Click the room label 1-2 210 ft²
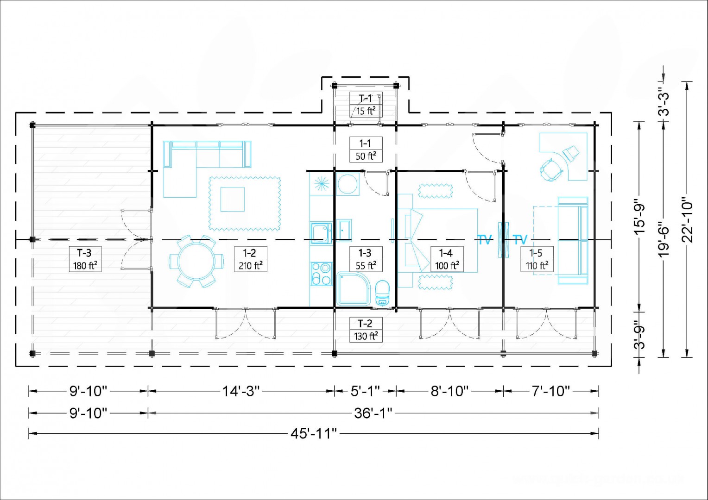pos(250,259)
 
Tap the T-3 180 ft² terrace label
pos(85,259)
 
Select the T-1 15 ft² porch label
pos(366,105)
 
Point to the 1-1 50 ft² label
pos(366,150)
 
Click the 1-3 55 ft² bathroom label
pos(366,259)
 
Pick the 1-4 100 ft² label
pos(447,259)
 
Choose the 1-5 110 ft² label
pos(537,259)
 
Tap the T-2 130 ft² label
pos(366,330)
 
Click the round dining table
pos(196,261)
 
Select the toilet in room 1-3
pos(382,293)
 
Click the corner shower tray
pos(354,289)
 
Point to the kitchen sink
pos(321,233)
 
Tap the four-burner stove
pos(322,274)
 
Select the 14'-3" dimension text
pos(241,391)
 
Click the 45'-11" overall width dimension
pos(314,434)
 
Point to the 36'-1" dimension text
pos(373,413)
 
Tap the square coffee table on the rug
pos(232,199)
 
